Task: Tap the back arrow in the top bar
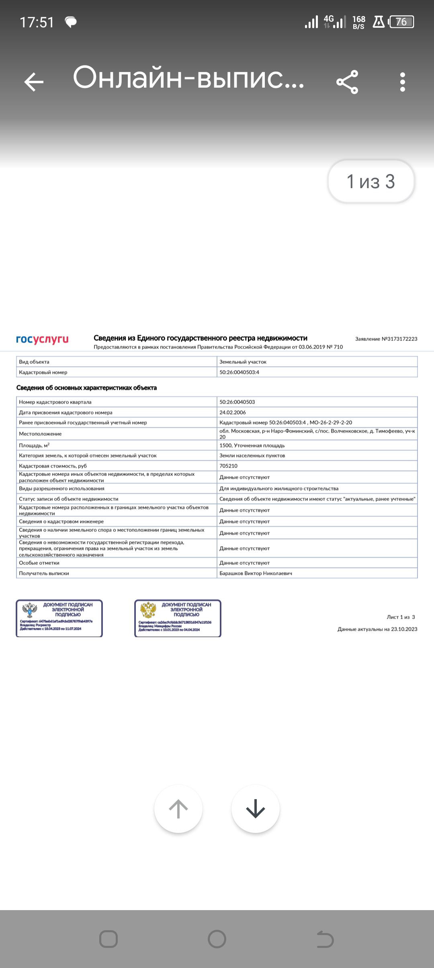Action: [34, 82]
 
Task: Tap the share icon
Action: [347, 82]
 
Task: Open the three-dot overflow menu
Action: [403, 82]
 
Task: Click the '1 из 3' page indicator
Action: [371, 182]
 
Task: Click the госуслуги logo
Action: [42, 339]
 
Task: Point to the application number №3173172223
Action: [386, 339]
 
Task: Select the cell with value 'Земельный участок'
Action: [243, 362]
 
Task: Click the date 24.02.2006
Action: [233, 412]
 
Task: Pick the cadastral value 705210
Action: [228, 466]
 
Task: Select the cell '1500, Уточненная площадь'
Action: [252, 445]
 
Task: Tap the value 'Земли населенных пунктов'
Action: [252, 455]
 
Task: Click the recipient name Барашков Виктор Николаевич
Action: [256, 573]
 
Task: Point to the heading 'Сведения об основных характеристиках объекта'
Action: [86, 388]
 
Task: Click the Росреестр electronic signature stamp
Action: [59, 618]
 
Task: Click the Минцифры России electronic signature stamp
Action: [178, 618]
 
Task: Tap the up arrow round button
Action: [178, 809]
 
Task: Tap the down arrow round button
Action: [256, 809]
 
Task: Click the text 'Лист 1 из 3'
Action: [401, 617]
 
